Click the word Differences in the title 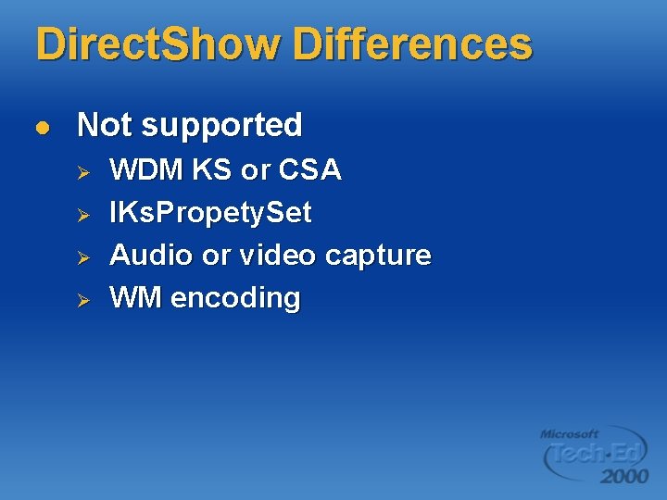pos(412,44)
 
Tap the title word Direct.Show pos(157,44)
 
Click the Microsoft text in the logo pos(570,433)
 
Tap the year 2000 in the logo pos(623,476)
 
